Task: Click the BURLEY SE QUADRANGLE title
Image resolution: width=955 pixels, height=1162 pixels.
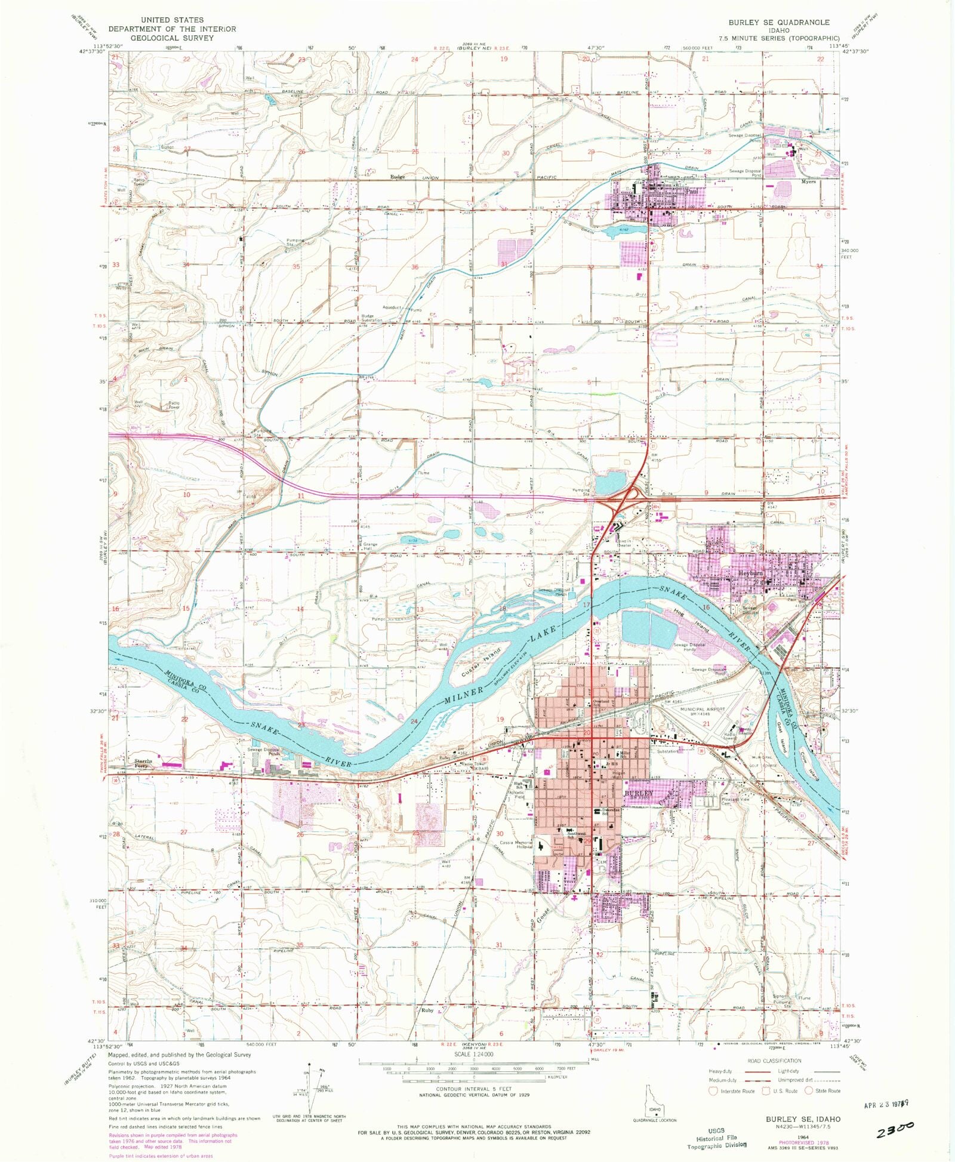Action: (x=778, y=22)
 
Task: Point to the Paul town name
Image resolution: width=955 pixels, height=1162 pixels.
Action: (x=692, y=192)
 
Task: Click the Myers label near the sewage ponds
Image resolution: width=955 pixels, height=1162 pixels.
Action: (x=808, y=182)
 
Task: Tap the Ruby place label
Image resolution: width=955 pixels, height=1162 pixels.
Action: (x=427, y=1010)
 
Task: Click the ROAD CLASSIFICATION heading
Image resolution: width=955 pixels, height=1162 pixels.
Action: (x=774, y=1061)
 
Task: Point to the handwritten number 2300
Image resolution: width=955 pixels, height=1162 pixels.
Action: (x=895, y=1127)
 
